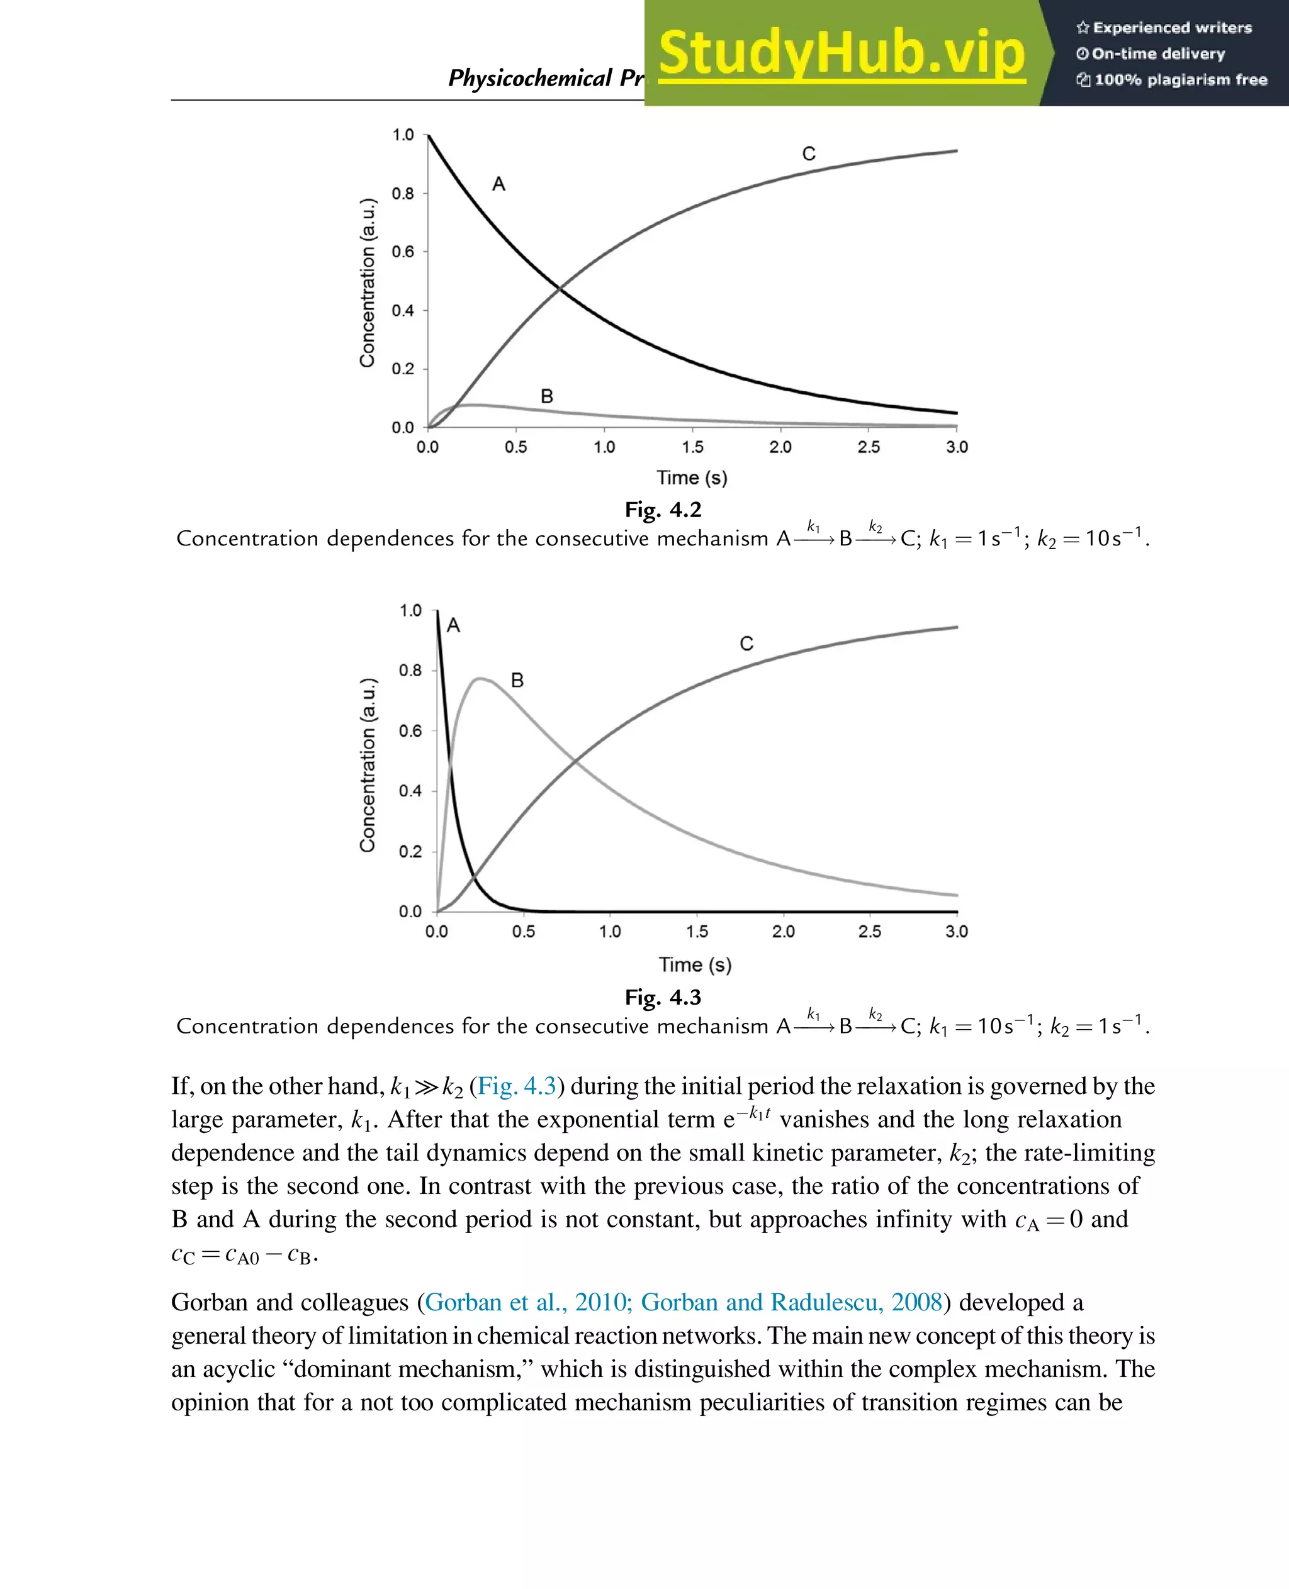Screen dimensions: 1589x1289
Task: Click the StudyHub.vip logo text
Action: [x=842, y=53]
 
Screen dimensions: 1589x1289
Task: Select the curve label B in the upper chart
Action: [x=546, y=396]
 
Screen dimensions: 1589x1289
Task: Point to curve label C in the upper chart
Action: [x=809, y=153]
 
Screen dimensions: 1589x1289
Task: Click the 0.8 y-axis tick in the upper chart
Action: [x=403, y=194]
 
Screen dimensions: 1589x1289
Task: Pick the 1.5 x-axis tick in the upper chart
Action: [x=692, y=447]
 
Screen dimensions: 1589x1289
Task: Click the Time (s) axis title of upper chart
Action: [x=691, y=477]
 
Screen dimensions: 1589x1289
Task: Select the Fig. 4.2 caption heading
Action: [x=662, y=510]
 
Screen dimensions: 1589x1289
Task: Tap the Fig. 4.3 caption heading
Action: [x=662, y=997]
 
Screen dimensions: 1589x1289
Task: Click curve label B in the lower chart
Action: [x=517, y=680]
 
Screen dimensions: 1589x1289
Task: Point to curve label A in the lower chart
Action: [x=453, y=626]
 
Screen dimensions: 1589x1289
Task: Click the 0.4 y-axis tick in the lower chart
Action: [x=410, y=791]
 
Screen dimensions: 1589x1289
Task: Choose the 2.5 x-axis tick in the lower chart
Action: [x=869, y=932]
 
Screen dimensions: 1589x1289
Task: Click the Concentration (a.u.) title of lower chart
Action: [x=368, y=764]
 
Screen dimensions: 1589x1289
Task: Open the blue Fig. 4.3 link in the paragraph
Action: [x=517, y=1086]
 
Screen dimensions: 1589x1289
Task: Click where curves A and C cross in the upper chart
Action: [x=559, y=287]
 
